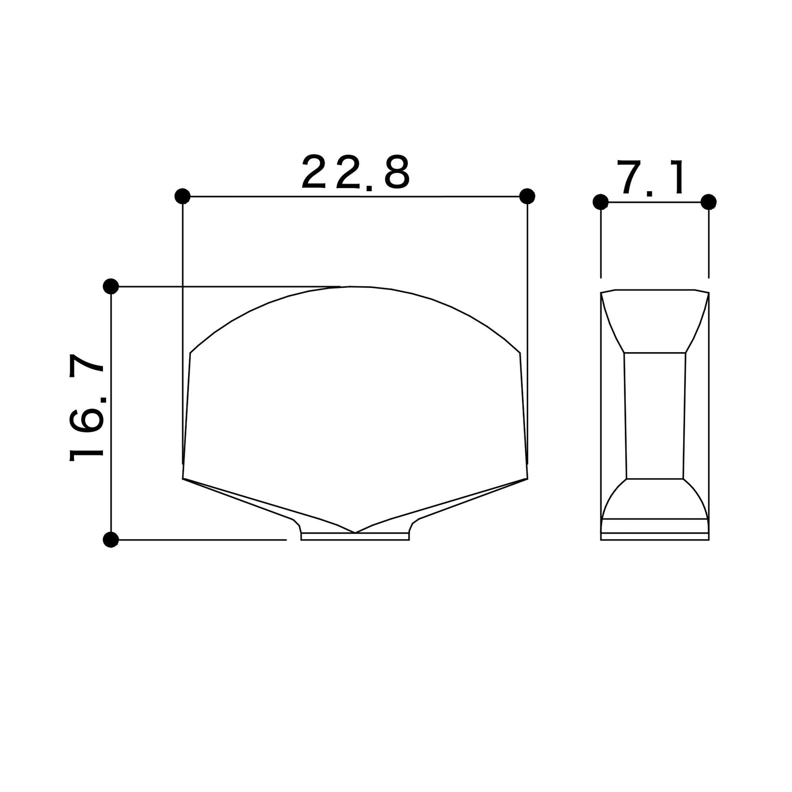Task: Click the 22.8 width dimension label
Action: (x=356, y=172)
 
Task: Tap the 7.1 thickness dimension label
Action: (x=651, y=177)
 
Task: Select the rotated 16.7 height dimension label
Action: (x=87, y=407)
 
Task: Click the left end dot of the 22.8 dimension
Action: (x=182, y=196)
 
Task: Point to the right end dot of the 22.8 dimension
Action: (x=527, y=196)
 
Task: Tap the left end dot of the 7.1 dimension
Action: (x=601, y=202)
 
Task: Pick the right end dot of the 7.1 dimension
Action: (x=709, y=202)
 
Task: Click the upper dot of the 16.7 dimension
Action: (x=111, y=286)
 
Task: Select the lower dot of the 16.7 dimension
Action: (x=111, y=540)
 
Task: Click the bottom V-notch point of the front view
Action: (x=355, y=532)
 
